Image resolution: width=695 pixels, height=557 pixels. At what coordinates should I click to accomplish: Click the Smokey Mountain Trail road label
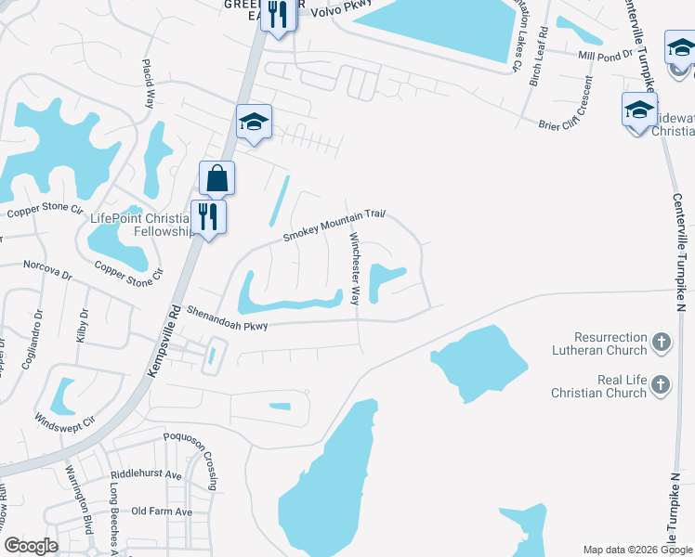(334, 225)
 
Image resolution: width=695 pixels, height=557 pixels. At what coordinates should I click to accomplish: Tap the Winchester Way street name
(354, 268)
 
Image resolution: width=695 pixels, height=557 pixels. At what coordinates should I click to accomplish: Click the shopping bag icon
(216, 177)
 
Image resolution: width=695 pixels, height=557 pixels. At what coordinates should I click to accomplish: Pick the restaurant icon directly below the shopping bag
(209, 217)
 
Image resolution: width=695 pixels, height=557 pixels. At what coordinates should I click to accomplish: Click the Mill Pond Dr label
(603, 56)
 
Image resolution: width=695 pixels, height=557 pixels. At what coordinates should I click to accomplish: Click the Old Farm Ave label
(162, 512)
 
